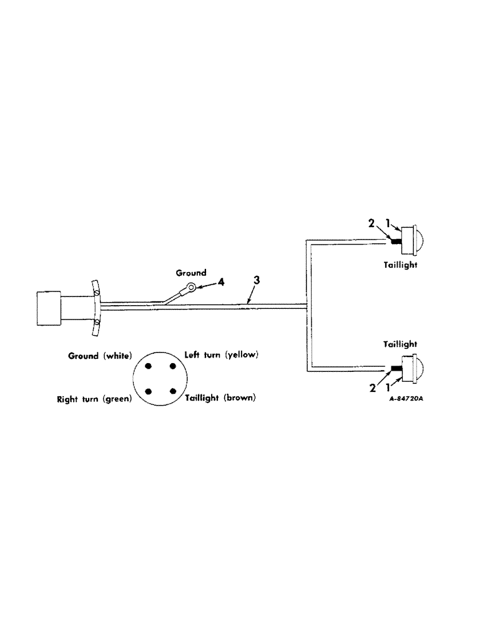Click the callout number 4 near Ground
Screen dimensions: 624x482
click(x=221, y=283)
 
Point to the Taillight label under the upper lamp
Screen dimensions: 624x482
click(x=399, y=265)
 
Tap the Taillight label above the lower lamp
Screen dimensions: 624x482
click(x=399, y=344)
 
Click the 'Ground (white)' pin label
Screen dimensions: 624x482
click(x=100, y=356)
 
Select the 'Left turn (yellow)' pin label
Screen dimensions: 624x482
click(x=222, y=355)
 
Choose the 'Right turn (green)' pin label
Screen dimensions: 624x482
click(x=93, y=397)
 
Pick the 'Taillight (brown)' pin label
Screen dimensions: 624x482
click(x=220, y=397)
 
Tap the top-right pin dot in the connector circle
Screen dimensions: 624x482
click(x=170, y=367)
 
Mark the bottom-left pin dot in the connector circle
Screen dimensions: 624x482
click(x=149, y=391)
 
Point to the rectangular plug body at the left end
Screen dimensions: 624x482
click(x=48, y=308)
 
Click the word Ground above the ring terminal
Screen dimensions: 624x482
click(x=190, y=273)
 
